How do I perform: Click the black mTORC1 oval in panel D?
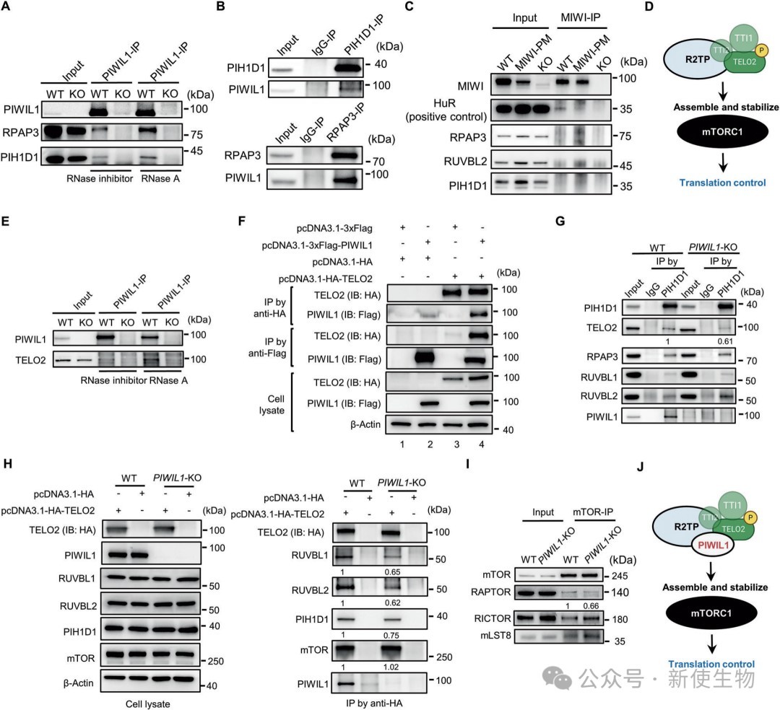click(x=722, y=131)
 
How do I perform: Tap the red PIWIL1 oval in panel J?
click(x=713, y=545)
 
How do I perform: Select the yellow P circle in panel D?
click(x=760, y=51)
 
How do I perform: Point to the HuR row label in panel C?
click(x=444, y=103)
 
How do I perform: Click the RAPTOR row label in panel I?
click(x=490, y=592)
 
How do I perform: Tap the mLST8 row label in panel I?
click(x=496, y=635)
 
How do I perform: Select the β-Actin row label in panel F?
click(x=365, y=424)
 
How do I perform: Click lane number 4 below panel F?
click(x=482, y=444)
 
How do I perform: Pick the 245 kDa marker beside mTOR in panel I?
click(x=619, y=576)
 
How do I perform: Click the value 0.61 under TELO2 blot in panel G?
click(x=725, y=341)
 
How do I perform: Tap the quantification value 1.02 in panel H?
click(x=391, y=667)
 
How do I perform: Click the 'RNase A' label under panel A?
click(x=160, y=178)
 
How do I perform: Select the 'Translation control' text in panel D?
click(x=722, y=183)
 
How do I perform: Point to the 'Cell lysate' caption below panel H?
click(x=148, y=704)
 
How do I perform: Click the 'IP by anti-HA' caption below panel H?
click(x=374, y=703)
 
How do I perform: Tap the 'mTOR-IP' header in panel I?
click(x=593, y=512)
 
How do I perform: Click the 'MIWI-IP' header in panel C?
click(x=581, y=17)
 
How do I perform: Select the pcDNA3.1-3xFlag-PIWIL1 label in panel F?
click(x=317, y=245)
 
